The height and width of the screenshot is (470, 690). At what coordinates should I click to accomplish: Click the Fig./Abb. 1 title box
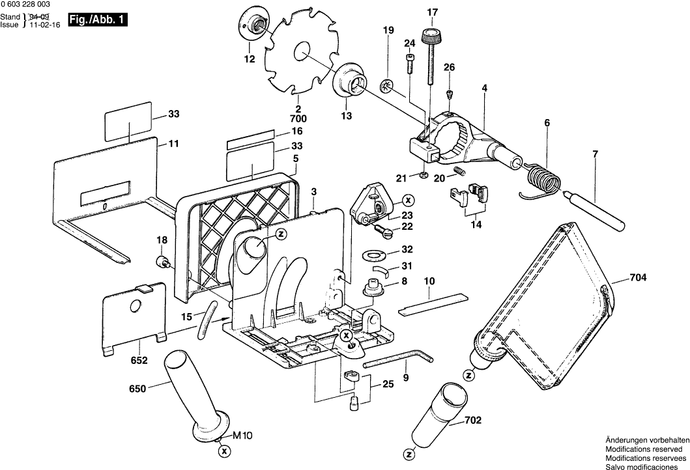click(97, 20)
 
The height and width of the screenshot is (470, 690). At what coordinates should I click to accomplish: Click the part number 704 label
click(638, 277)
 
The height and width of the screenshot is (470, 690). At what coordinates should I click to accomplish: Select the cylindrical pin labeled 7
click(596, 208)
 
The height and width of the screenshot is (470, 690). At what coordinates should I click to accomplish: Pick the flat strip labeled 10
click(433, 304)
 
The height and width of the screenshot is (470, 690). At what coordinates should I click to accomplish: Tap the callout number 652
click(139, 361)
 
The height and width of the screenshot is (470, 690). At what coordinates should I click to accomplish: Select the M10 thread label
click(242, 435)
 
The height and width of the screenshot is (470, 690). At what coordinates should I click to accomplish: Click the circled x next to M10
click(225, 450)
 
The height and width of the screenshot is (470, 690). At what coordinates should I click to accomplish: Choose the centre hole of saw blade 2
click(304, 51)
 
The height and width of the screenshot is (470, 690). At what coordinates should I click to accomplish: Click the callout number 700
click(298, 118)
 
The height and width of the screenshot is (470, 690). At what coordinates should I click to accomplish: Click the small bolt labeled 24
click(410, 63)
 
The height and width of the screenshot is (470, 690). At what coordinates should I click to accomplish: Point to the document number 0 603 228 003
click(25, 4)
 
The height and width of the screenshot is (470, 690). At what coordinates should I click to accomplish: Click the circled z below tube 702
click(409, 454)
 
